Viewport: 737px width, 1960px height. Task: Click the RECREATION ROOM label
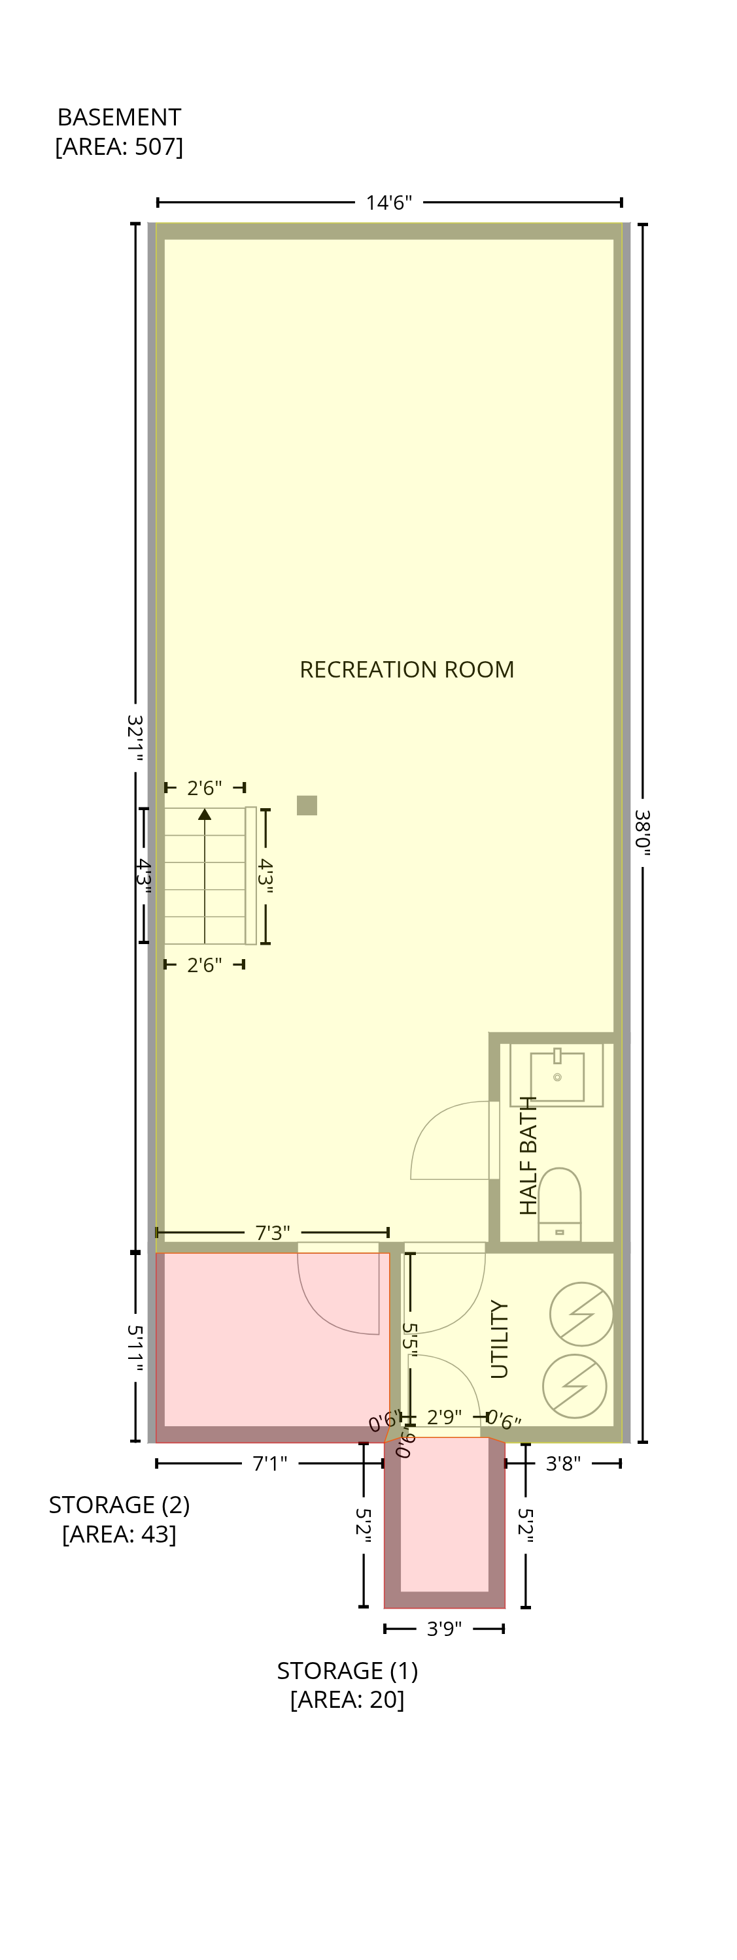tap(407, 670)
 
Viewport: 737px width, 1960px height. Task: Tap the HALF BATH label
tap(528, 1155)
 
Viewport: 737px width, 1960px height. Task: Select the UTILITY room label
tap(500, 1339)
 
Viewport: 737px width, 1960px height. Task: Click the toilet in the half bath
tap(560, 1205)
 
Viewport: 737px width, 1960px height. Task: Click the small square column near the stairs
tap(307, 805)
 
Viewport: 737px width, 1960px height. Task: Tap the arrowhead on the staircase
tap(205, 814)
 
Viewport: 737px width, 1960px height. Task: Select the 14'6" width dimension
tap(389, 203)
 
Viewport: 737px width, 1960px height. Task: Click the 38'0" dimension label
tap(643, 832)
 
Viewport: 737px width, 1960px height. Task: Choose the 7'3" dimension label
tap(273, 1233)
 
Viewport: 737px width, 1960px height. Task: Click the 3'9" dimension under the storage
tap(445, 1629)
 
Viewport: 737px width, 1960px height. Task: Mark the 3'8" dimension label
tap(564, 1464)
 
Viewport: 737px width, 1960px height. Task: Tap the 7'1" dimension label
tap(269, 1464)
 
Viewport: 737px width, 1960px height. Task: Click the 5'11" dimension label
tap(135, 1349)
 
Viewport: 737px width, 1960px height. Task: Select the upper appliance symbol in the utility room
tap(581, 1315)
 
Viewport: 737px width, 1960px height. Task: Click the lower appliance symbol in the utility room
tap(575, 1386)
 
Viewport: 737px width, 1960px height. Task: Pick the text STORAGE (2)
tap(120, 1505)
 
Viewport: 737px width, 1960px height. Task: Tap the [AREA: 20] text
tap(347, 1700)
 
